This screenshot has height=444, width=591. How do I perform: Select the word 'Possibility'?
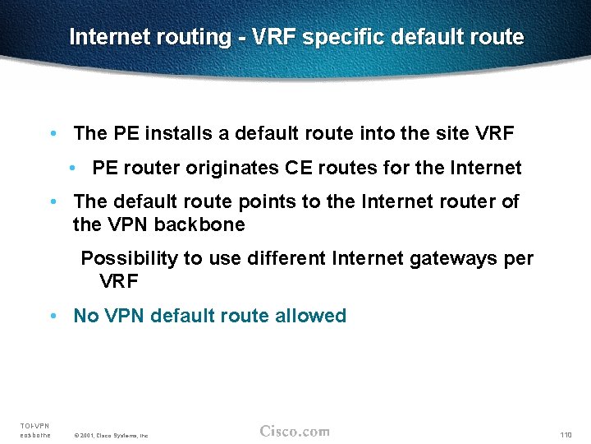129,259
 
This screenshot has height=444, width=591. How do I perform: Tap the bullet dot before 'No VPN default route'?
53,317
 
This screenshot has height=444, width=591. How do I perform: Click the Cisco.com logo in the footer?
295,431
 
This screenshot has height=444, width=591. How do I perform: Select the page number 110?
566,434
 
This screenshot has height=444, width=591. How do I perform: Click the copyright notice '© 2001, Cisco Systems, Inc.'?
111,435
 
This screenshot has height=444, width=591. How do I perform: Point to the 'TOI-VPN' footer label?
34,425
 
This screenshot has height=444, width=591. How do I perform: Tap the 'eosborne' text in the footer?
35,435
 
